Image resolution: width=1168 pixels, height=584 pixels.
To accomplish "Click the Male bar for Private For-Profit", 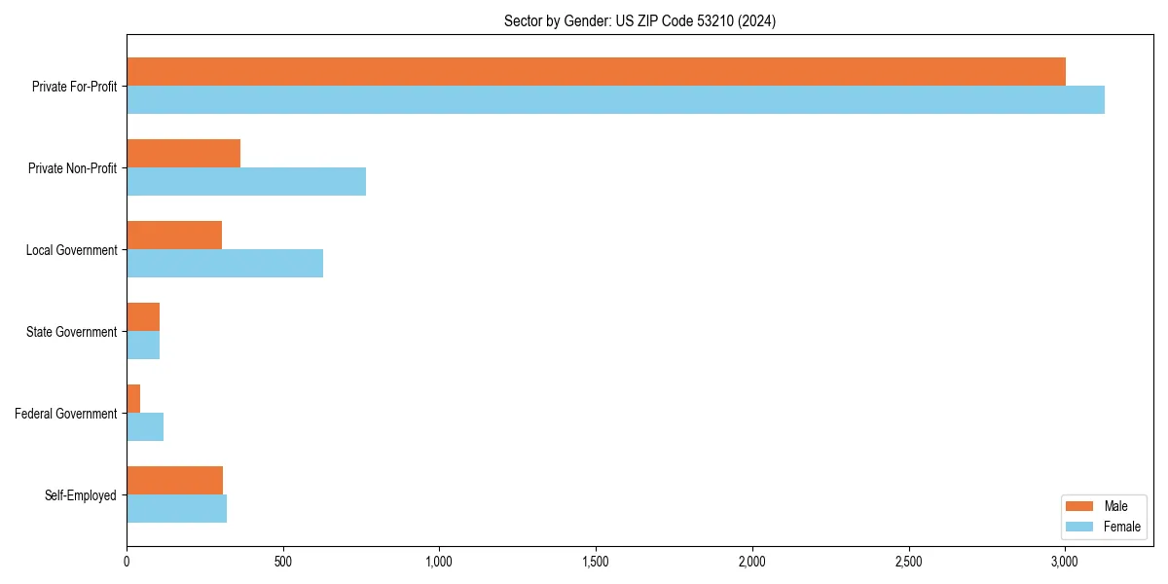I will [596, 71].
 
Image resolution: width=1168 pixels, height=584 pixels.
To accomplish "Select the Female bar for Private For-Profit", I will [615, 99].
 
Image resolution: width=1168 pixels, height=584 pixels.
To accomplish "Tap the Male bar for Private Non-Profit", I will [183, 154].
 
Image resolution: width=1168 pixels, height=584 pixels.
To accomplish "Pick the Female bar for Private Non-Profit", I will [246, 182].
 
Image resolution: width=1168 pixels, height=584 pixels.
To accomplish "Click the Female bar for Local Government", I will [225, 264].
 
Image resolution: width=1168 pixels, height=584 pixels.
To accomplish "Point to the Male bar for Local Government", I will [174, 236].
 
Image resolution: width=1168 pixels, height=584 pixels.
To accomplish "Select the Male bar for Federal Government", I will [133, 399].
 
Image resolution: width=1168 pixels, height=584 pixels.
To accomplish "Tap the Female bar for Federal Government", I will [145, 427].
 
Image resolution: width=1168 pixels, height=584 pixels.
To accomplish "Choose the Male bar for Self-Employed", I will [174, 481].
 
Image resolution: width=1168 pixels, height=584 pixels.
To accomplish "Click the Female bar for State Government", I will [143, 346].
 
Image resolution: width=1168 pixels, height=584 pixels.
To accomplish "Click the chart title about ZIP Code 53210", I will [639, 20].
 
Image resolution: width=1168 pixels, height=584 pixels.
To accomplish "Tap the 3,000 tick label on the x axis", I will [1065, 562].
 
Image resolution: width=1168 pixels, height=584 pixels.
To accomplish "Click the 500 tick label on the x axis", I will [283, 562].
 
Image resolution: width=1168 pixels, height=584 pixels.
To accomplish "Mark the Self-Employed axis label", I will [80, 495].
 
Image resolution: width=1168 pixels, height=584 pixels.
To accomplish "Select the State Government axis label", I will [71, 332].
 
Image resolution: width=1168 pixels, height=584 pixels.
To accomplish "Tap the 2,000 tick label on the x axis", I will [752, 562].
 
